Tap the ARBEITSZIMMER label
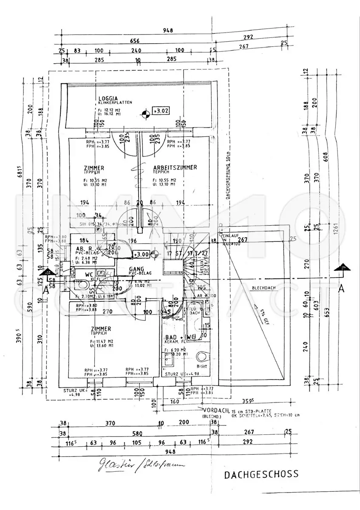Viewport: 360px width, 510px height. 175,167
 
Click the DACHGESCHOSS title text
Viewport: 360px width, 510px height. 261,474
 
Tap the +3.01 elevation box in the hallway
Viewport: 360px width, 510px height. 141,254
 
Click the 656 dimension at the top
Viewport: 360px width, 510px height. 135,41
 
